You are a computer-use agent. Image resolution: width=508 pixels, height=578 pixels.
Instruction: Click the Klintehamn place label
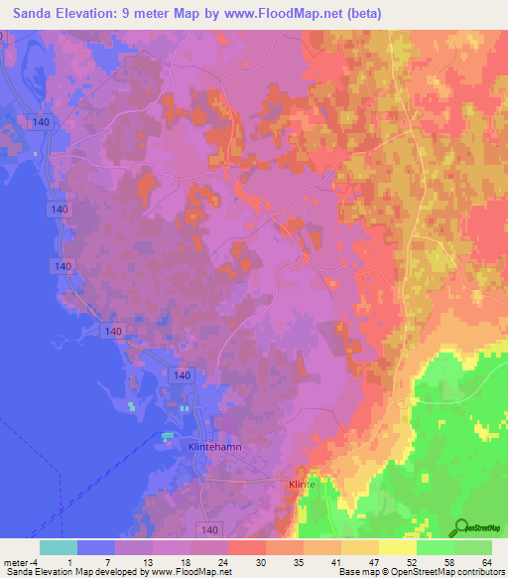[x=214, y=448]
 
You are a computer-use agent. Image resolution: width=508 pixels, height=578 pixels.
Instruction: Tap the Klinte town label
[x=301, y=484]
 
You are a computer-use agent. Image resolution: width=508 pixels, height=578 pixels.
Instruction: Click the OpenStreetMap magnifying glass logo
[x=459, y=527]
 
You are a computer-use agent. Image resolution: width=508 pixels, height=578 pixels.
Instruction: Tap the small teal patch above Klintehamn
[x=168, y=435]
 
